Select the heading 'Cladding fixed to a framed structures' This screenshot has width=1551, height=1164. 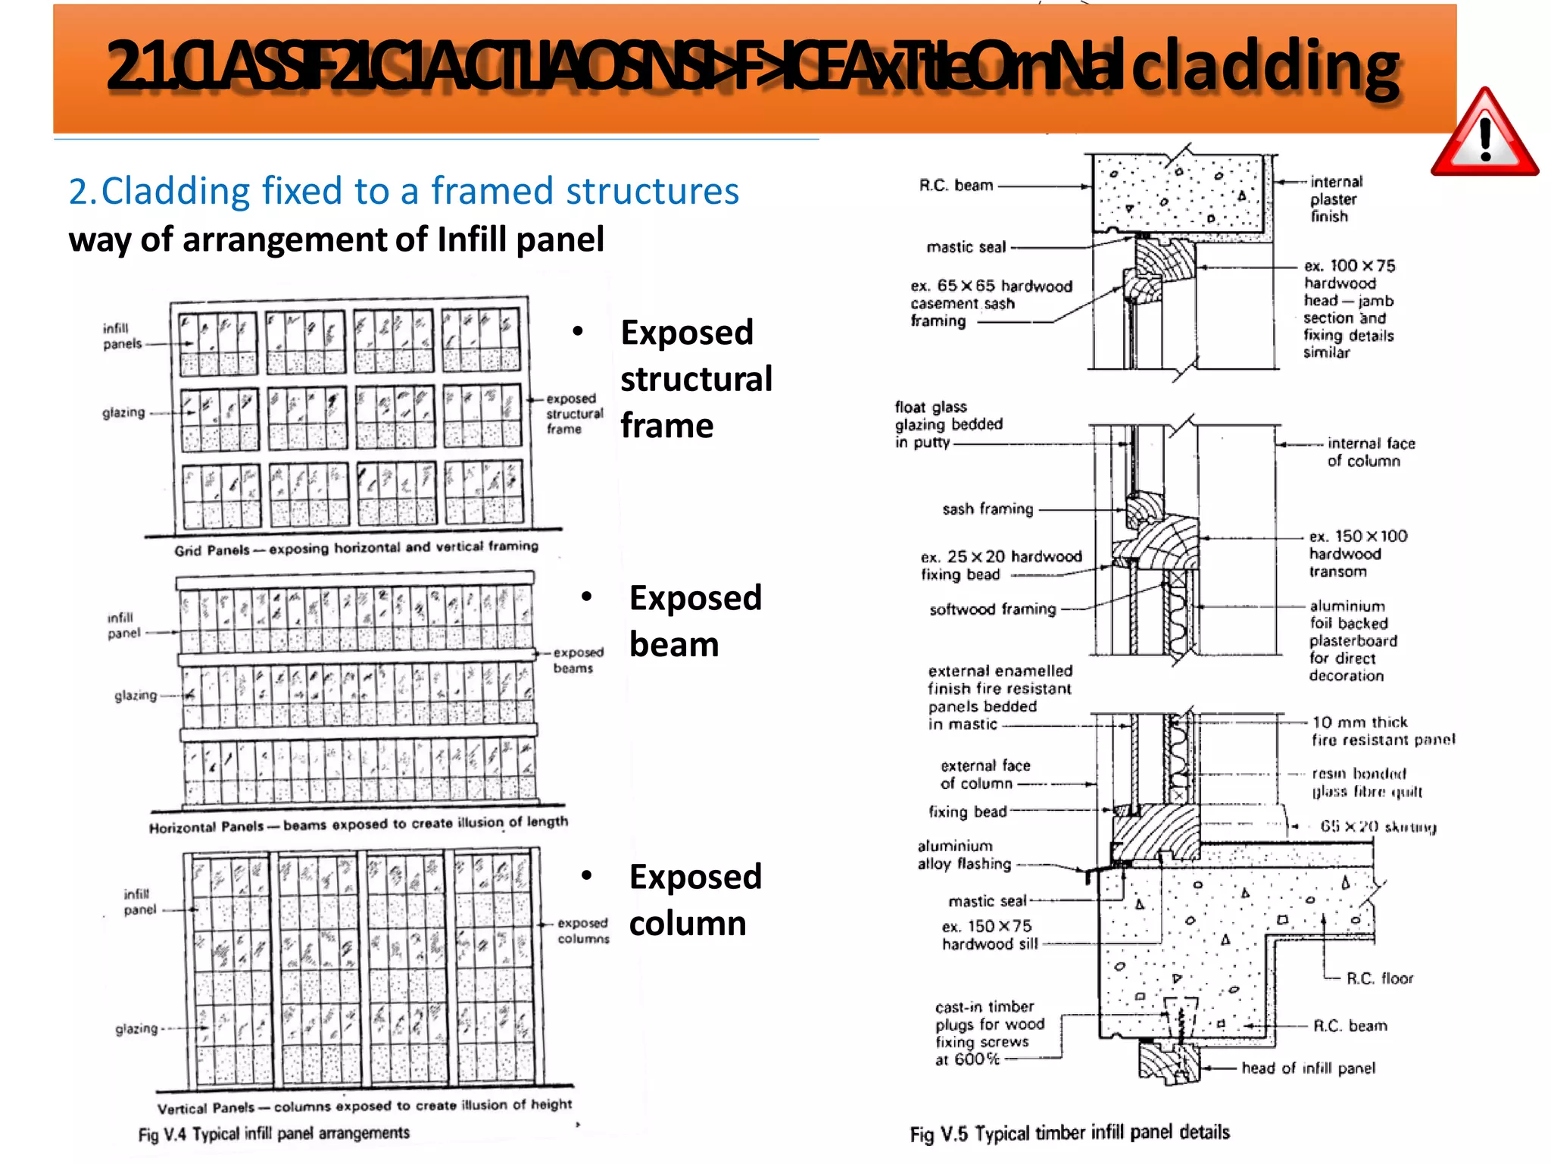pos(404,191)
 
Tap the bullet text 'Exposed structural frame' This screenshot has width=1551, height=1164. pos(695,379)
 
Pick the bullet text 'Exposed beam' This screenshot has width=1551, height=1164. pos(694,621)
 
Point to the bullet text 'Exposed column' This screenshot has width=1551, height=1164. pos(694,900)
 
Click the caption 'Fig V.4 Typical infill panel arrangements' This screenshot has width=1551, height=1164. pos(273,1134)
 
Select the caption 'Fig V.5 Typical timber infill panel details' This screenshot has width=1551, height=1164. pos(1069,1133)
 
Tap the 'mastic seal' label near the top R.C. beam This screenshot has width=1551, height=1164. pos(966,247)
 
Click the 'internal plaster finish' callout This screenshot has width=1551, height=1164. pos(1335,199)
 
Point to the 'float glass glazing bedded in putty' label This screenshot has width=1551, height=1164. pos(947,424)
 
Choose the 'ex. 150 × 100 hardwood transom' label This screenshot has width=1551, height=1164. pos(1356,554)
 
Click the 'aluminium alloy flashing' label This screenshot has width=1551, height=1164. pos(963,855)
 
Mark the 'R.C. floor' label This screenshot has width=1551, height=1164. pos(1379,978)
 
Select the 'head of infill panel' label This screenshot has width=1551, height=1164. pos(1308,1068)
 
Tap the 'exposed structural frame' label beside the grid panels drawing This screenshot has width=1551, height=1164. pos(574,414)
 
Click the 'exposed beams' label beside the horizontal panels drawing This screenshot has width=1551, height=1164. pos(577,660)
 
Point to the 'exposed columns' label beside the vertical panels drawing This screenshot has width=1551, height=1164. pos(582,931)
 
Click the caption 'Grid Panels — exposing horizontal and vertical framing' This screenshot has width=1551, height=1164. pos(356,548)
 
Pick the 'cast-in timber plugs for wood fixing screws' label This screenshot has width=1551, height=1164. pos(988,1033)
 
